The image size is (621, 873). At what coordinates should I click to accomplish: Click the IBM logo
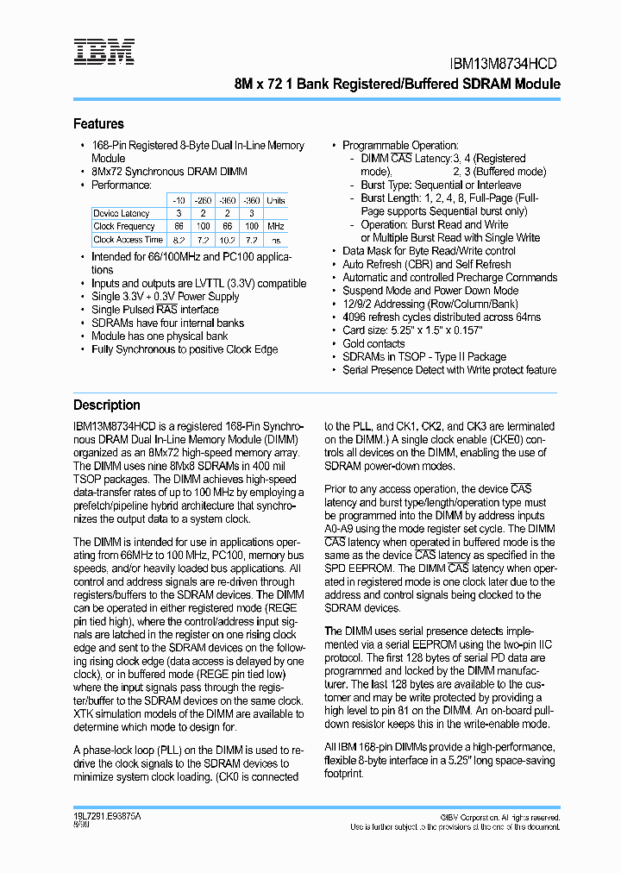[x=103, y=52]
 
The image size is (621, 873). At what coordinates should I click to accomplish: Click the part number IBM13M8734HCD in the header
[x=505, y=64]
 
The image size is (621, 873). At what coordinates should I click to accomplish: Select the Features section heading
[x=98, y=124]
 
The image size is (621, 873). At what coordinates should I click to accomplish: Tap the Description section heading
[x=106, y=405]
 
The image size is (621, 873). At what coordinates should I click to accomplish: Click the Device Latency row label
[x=122, y=213]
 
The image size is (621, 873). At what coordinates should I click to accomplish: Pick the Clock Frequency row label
[x=124, y=226]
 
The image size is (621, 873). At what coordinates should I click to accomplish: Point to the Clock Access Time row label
[x=128, y=240]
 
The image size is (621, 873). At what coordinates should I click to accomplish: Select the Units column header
[x=275, y=200]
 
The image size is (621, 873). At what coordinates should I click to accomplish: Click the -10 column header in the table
[x=178, y=200]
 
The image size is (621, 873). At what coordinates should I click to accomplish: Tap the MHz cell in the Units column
[x=275, y=226]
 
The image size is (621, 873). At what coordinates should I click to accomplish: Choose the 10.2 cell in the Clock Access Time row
[x=227, y=240]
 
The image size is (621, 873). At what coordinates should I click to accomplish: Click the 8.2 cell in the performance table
[x=179, y=240]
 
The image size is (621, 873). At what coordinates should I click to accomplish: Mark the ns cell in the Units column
[x=275, y=240]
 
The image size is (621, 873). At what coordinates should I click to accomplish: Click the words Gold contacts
[x=373, y=343]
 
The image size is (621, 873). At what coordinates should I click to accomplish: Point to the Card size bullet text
[x=412, y=330]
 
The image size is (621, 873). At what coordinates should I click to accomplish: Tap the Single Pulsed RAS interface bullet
[x=155, y=310]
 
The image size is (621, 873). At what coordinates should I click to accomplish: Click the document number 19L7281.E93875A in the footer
[x=107, y=816]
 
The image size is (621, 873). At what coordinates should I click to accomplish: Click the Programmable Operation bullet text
[x=400, y=146]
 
